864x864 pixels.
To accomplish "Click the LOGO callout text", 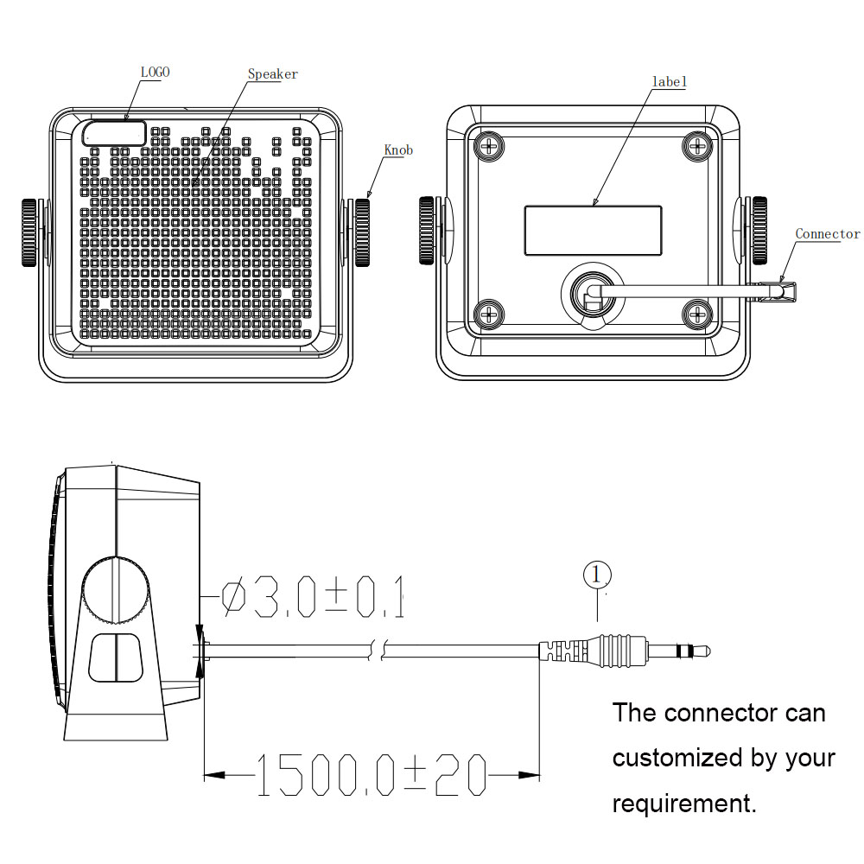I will click(155, 73).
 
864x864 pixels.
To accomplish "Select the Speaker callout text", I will click(272, 74).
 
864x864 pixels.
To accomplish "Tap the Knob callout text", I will click(398, 150).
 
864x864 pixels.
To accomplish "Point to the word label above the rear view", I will click(669, 82).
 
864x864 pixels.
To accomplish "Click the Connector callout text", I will click(827, 234).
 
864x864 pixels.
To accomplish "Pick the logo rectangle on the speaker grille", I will click(115, 133).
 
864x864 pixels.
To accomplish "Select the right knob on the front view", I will click(360, 232).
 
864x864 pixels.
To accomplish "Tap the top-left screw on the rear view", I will click(490, 145).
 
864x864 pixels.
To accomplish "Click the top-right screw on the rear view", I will click(696, 145).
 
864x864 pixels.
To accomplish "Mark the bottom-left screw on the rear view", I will click(490, 312).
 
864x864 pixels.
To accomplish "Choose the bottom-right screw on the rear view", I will click(696, 312).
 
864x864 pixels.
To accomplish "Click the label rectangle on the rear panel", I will click(593, 231).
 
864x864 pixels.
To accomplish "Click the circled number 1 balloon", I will click(597, 575).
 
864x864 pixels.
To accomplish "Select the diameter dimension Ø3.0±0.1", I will click(313, 599).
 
